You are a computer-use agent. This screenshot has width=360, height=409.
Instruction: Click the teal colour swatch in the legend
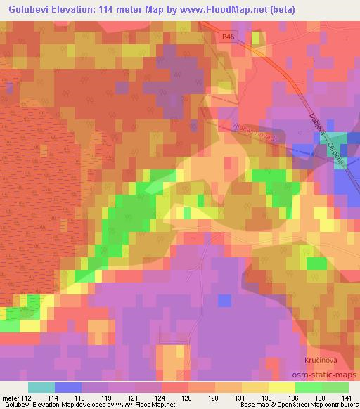point(41,387)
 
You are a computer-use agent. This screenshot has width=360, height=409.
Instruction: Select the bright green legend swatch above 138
point(309,387)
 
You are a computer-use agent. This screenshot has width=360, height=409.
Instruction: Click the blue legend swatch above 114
point(68,387)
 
